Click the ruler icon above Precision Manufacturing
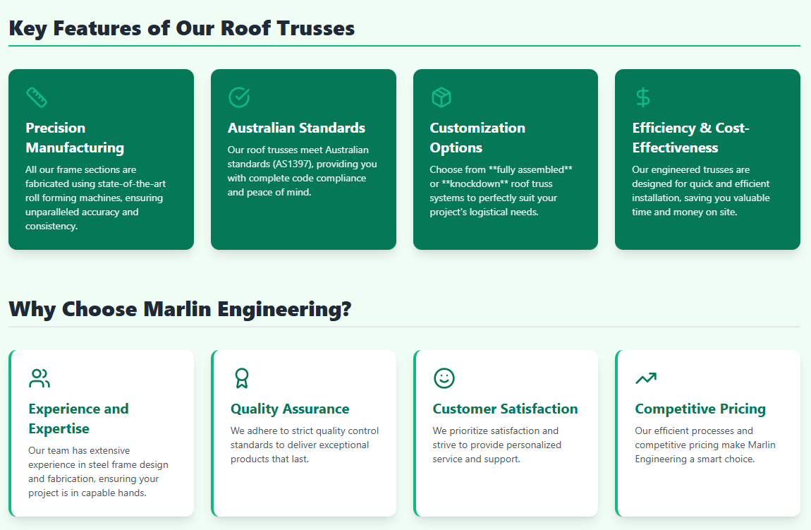coord(37,97)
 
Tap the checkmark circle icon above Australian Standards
coord(239,97)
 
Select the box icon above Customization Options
coord(441,97)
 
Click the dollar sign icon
coord(642,97)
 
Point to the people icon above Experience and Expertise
coord(39,378)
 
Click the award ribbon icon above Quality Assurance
coord(242,378)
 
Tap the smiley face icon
coord(444,378)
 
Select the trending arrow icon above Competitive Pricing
coord(645,378)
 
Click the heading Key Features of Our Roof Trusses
coord(181,28)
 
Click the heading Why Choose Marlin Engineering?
coord(180,309)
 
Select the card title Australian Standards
coord(296,128)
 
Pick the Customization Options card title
coord(477,138)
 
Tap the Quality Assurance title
coord(290,409)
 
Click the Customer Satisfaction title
coord(505,409)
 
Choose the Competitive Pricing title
coord(700,409)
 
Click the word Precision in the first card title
coord(56,128)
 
